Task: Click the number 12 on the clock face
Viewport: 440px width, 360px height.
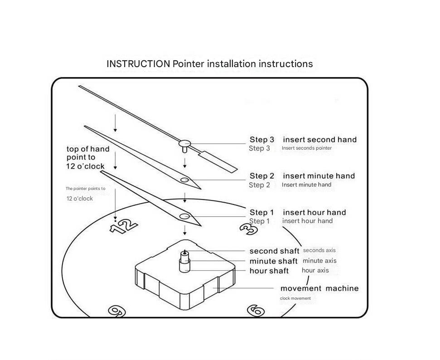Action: (124, 225)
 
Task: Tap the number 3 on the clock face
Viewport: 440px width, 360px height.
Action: (248, 228)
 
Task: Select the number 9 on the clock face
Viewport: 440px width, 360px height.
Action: (117, 311)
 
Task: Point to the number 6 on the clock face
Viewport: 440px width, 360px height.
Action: (256, 311)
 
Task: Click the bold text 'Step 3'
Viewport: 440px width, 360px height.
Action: (262, 140)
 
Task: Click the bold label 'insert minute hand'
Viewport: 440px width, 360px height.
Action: (319, 176)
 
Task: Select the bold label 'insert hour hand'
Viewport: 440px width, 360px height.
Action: (314, 212)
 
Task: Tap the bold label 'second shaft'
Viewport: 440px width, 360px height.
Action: (274, 251)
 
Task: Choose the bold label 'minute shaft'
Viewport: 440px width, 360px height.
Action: (273, 261)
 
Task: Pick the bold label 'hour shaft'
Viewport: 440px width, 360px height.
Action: (269, 271)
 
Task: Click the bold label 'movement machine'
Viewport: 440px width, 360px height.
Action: (319, 288)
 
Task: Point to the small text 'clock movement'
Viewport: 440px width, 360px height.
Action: (295, 298)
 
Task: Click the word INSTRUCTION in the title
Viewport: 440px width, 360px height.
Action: (138, 64)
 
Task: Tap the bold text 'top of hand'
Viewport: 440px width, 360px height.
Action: (88, 149)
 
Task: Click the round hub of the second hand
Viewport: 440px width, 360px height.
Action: (184, 144)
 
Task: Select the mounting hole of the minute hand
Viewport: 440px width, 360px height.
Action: (184, 180)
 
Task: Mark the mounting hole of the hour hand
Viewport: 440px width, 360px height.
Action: (184, 216)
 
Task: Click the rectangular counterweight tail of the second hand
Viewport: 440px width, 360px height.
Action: (218, 161)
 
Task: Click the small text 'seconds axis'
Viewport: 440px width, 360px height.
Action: (319, 250)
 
